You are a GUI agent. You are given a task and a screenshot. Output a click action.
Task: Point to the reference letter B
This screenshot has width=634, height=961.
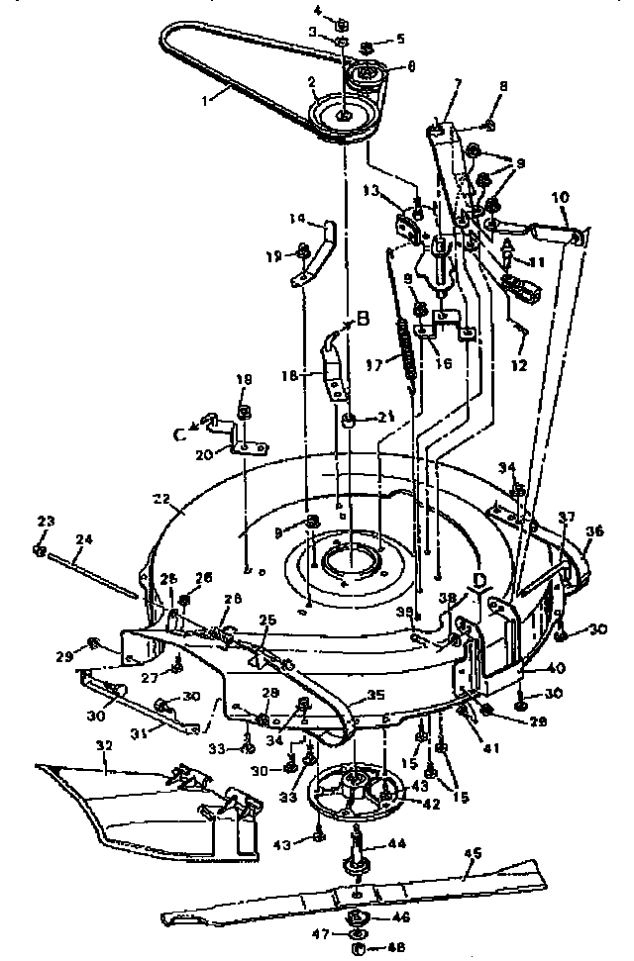pyautogui.click(x=362, y=319)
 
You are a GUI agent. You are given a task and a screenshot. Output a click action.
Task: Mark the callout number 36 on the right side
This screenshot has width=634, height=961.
pyautogui.click(x=592, y=531)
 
